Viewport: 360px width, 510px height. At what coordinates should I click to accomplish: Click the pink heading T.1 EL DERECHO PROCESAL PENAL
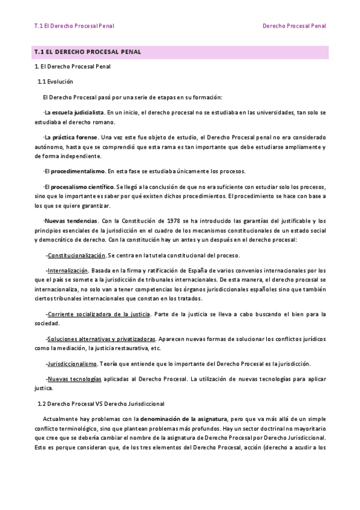(88, 52)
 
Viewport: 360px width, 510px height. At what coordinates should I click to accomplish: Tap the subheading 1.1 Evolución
(55, 81)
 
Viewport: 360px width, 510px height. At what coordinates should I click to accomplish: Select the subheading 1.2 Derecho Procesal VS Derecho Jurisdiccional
(101, 404)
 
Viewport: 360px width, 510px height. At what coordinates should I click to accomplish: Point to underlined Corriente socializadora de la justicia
(99, 314)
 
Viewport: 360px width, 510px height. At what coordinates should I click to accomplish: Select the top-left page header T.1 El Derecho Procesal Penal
(75, 26)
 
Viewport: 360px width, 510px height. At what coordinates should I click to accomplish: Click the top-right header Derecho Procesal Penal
(294, 26)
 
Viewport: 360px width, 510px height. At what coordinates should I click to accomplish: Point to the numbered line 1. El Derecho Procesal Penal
(72, 67)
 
